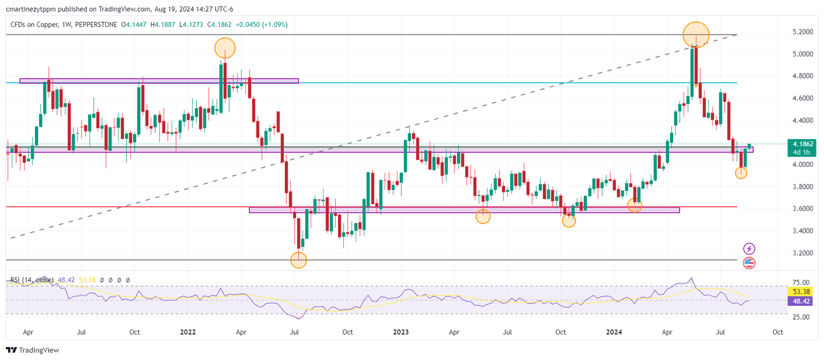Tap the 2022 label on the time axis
coord(188,332)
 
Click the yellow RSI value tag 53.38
coord(799,291)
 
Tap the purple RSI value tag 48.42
coord(799,302)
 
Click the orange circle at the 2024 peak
coord(696,35)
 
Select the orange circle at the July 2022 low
coord(299,260)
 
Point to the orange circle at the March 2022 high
coord(225,48)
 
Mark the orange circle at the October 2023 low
coord(569,221)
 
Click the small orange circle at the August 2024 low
coord(741,173)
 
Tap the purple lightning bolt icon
coord(749,248)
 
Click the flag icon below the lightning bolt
coord(749,263)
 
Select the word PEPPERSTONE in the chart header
coord(97,25)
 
